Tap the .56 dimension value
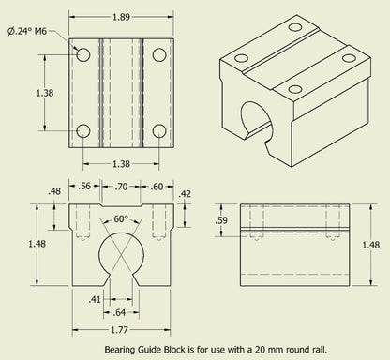(x=86, y=187)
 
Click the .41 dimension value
(x=96, y=299)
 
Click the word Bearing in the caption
(x=119, y=348)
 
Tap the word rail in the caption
(x=318, y=348)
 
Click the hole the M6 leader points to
(x=83, y=55)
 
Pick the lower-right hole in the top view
(x=158, y=130)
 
